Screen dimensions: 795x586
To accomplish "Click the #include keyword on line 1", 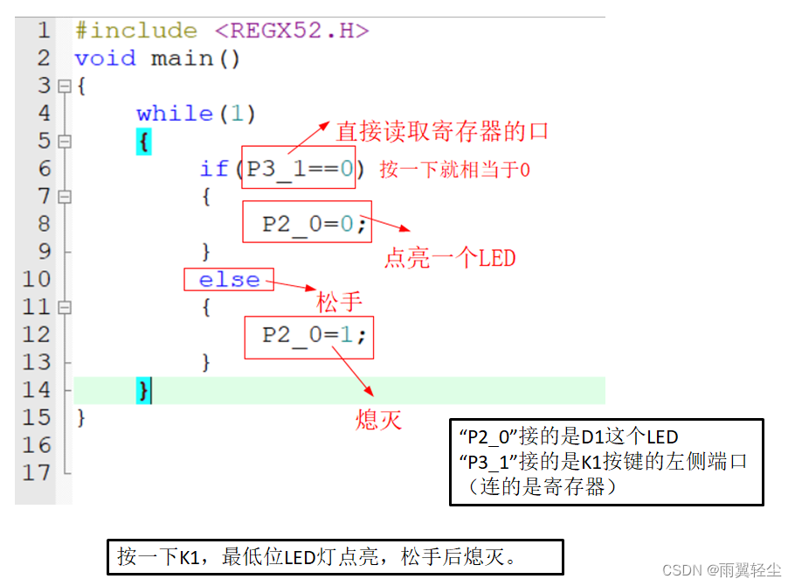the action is pos(135,31).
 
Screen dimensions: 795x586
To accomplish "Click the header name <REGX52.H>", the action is pos(292,31).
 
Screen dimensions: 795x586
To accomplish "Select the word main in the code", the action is pos(182,59).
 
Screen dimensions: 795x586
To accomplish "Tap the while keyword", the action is pos(175,114).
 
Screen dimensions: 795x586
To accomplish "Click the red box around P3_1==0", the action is pos(298,167).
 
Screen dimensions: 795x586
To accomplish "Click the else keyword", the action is pos(229,280).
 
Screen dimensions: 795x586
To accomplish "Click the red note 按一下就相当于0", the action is pos(454,170).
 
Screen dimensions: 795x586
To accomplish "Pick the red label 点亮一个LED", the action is pos(450,258).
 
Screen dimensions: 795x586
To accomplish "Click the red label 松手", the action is pos(339,302).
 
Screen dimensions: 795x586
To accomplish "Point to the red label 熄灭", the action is pos(378,420).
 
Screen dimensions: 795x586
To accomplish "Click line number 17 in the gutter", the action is pos(37,472).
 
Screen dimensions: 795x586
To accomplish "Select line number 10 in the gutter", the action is pos(37,280).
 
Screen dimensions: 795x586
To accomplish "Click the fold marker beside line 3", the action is pos(64,87).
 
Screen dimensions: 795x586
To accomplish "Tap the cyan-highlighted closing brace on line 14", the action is pos(143,390).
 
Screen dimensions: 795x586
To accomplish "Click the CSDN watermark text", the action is pos(721,569).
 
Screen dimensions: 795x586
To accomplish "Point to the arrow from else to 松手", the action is pos(294,285).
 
